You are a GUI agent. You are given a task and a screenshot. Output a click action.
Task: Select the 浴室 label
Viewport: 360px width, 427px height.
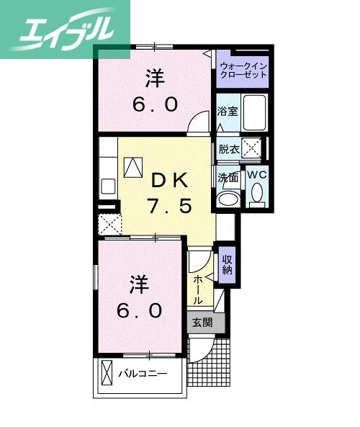pyautogui.click(x=228, y=111)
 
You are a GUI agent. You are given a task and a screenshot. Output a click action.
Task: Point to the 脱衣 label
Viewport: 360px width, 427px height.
pyautogui.click(x=230, y=150)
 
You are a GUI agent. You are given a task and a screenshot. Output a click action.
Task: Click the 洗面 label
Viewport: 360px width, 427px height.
pyautogui.click(x=228, y=176)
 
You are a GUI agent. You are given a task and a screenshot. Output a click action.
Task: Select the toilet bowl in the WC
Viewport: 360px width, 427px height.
pyautogui.click(x=256, y=193)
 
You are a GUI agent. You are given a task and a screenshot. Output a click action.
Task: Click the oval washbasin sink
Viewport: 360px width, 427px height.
pyautogui.click(x=230, y=199)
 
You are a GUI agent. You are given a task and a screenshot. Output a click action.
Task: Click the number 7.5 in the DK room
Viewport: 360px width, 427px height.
pyautogui.click(x=171, y=207)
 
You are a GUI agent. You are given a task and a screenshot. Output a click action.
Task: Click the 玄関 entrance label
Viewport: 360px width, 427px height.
pyautogui.click(x=202, y=323)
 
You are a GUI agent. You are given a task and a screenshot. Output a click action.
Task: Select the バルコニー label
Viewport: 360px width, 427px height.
pyautogui.click(x=143, y=374)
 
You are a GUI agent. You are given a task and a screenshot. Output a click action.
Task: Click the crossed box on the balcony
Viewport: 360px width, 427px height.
pyautogui.click(x=107, y=374)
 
